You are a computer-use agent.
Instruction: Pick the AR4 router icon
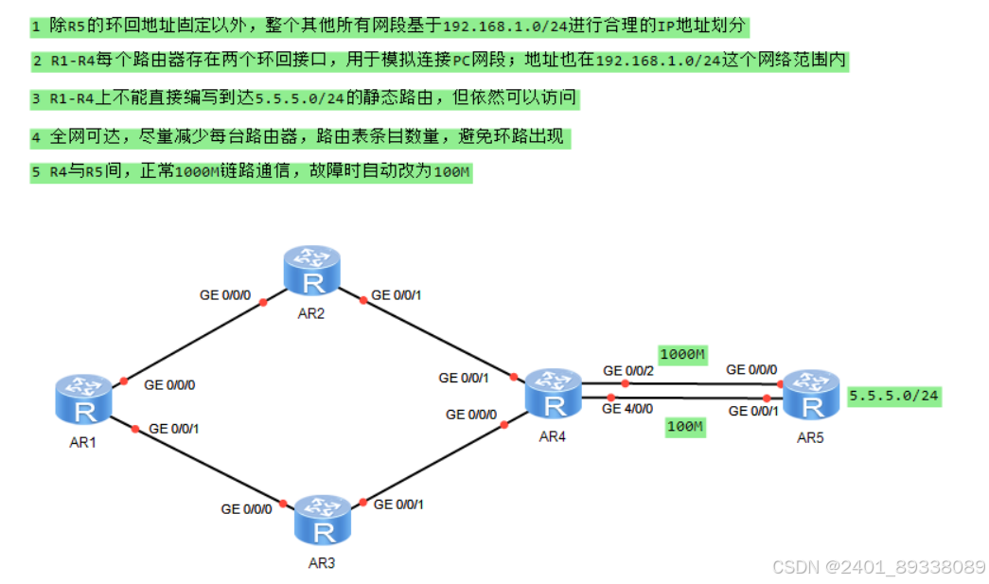[x=552, y=393]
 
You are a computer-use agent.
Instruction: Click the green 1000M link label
[x=683, y=355]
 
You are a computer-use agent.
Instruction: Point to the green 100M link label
[x=684, y=427]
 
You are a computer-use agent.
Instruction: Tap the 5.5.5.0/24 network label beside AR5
[x=894, y=396]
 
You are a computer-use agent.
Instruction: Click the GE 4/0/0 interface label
[x=627, y=408]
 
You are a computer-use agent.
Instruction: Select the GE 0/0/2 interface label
[x=627, y=370]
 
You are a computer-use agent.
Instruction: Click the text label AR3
[x=322, y=563]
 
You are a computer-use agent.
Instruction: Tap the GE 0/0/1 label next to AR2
[x=397, y=295]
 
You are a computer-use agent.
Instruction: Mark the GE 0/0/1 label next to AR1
[x=173, y=429]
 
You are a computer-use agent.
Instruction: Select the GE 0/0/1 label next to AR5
[x=751, y=410]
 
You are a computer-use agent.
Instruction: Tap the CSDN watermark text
[x=878, y=567]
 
